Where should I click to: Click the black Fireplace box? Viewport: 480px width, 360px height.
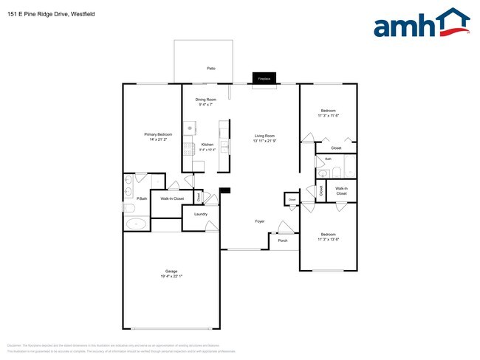coord(264,77)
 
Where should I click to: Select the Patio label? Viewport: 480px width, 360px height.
coord(211,68)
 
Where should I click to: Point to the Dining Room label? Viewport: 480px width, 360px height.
coord(205,100)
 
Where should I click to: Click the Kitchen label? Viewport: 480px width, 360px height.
coord(208,145)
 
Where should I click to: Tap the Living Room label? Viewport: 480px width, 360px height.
coord(264,136)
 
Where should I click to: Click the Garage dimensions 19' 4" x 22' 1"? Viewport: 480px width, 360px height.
coord(171,277)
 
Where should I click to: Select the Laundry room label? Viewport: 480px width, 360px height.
coord(200,214)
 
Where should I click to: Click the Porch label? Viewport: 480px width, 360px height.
coord(283,240)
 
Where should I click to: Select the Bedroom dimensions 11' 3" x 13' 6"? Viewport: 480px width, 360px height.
coord(327,239)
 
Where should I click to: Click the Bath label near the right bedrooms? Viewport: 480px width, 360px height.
coord(328,159)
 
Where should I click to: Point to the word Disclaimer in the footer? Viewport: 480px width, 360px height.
coord(15,345)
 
